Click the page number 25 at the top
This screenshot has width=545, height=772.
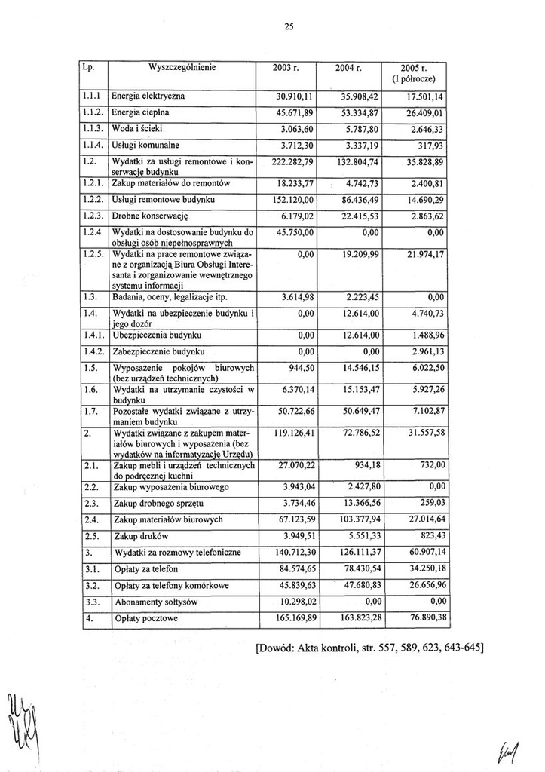pyautogui.click(x=288, y=27)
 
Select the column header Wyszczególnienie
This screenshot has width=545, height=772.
pyautogui.click(x=184, y=67)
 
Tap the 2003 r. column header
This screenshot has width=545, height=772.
pyautogui.click(x=287, y=68)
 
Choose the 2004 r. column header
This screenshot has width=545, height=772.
pyautogui.click(x=349, y=68)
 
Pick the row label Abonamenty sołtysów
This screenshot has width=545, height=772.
pyautogui.click(x=155, y=602)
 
